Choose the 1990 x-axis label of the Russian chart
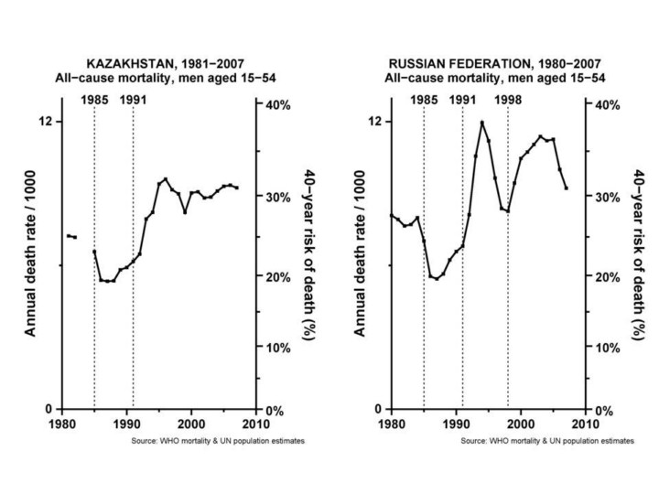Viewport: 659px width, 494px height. pyautogui.click(x=456, y=425)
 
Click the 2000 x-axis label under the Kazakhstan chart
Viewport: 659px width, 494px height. pyautogui.click(x=190, y=425)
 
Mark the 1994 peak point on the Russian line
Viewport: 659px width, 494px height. pyautogui.click(x=481, y=123)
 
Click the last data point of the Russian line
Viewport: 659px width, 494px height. pyautogui.click(x=566, y=188)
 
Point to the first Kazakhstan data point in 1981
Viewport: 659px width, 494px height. pyautogui.click(x=68, y=236)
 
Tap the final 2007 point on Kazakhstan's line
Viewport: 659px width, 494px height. pyautogui.click(x=236, y=188)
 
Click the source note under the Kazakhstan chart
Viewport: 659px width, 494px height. pyautogui.click(x=211, y=441)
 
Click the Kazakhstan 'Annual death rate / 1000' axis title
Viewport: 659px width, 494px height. pyautogui.click(x=30, y=265)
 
